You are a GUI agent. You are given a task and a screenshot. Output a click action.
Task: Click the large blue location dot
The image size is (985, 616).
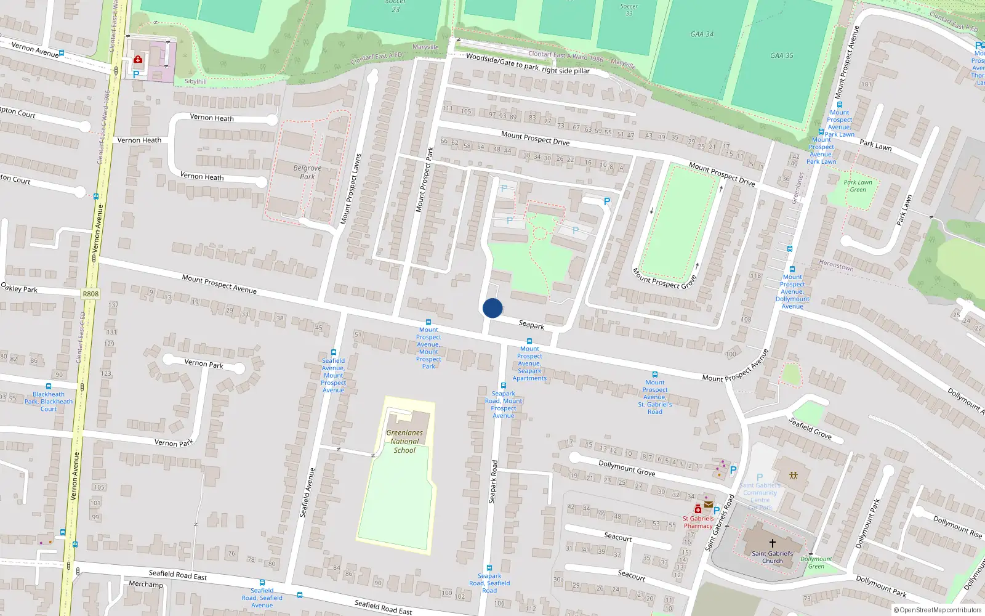point(492,308)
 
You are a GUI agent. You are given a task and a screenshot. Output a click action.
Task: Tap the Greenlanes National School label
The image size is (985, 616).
point(404,442)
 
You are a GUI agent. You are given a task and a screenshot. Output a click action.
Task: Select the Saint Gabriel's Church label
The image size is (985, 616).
point(772,557)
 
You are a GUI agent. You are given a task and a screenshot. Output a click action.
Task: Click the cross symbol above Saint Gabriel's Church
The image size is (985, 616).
point(772,543)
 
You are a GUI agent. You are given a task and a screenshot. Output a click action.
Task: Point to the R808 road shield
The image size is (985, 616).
point(90,294)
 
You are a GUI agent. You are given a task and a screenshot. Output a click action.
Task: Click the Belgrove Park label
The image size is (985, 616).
point(307,172)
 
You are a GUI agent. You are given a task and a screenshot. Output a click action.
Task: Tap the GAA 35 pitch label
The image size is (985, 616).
point(781,55)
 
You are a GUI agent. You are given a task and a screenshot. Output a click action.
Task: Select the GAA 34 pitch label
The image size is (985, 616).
point(702,34)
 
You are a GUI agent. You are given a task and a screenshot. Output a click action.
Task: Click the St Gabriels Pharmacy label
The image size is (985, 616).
point(698,522)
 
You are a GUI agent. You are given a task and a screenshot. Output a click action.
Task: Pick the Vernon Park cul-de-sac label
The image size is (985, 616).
point(204,363)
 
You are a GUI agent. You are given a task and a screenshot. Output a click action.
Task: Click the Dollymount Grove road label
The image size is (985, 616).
point(627,468)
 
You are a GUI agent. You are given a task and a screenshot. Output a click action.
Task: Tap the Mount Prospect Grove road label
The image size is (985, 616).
point(664,278)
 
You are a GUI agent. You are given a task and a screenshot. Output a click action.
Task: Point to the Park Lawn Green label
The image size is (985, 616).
point(858,186)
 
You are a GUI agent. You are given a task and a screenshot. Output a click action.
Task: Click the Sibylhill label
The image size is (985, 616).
point(196,81)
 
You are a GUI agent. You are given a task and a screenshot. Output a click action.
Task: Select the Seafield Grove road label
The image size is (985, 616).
point(810,428)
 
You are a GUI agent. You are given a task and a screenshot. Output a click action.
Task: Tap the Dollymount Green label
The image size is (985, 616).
point(816,562)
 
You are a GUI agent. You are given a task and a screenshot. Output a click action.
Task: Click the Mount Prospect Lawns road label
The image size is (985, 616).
point(351,188)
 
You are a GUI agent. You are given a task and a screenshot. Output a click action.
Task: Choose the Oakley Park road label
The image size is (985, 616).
point(19,288)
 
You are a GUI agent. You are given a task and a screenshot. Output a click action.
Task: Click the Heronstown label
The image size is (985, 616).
point(836,265)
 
